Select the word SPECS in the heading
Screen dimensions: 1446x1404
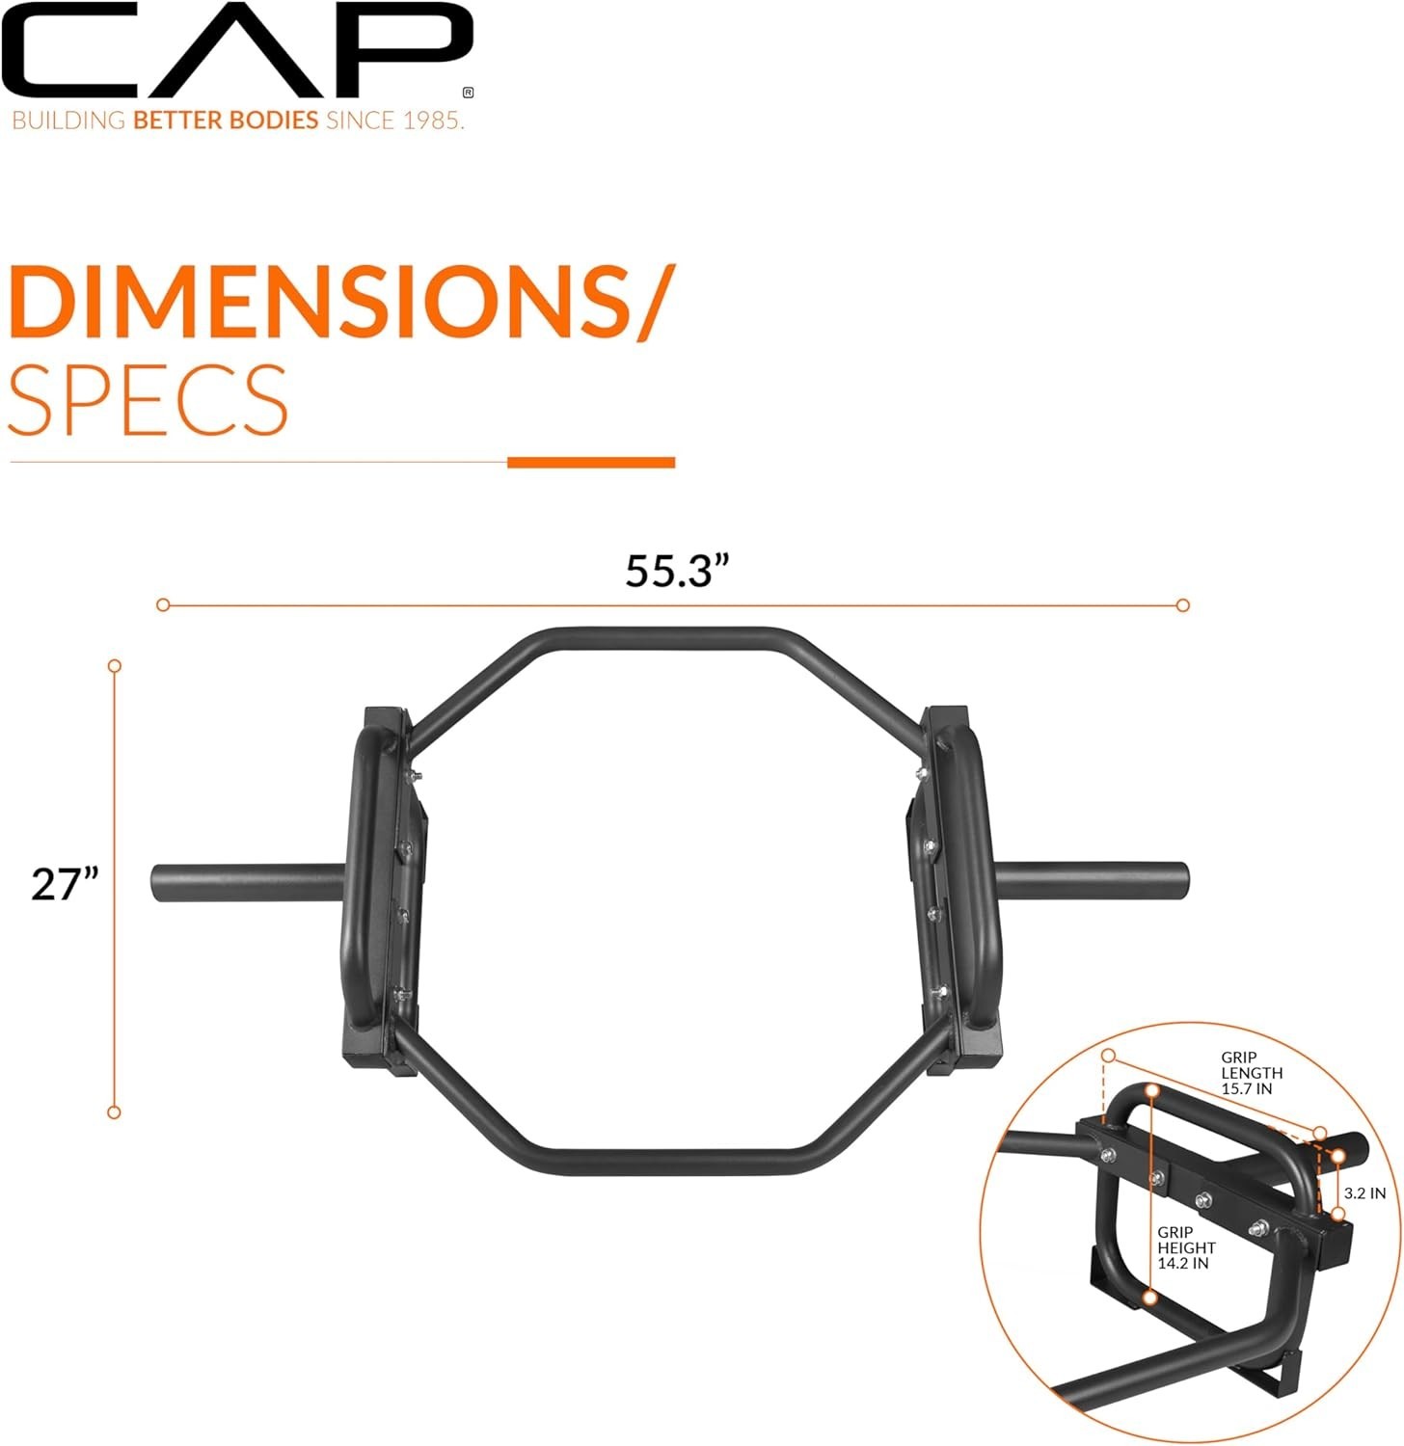148,400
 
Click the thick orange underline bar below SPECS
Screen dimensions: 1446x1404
591,463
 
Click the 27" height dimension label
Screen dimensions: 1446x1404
65,884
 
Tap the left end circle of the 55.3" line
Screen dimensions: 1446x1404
163,604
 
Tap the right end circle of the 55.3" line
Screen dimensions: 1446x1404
1183,605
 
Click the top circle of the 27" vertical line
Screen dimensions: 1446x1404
115,666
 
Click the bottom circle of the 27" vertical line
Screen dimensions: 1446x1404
114,1112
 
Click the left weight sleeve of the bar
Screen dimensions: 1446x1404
247,882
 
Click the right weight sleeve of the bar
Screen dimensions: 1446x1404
1094,879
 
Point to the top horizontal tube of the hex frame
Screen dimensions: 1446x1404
665,639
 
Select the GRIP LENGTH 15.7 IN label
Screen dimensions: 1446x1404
1251,1073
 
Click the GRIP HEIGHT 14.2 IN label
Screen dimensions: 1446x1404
1186,1247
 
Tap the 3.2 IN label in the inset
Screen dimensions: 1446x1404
1364,1193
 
